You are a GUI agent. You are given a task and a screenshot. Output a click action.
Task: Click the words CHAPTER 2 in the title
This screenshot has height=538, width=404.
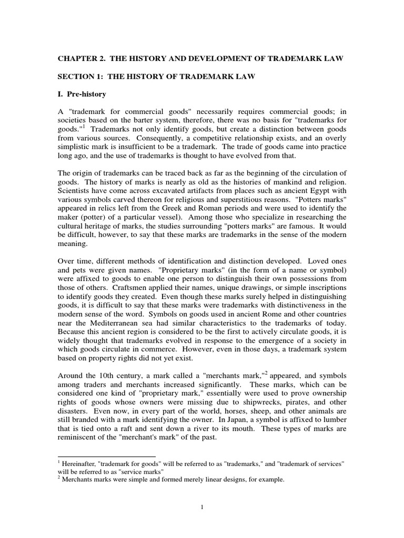click(80, 58)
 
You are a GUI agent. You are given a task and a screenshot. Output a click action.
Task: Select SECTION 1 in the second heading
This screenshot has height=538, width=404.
click(78, 77)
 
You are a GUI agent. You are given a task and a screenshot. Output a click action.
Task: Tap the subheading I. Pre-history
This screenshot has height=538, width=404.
click(82, 95)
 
